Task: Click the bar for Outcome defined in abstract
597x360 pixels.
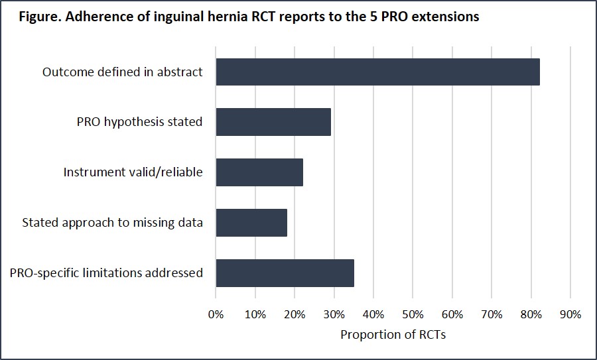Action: click(377, 72)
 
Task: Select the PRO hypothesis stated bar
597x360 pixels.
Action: click(273, 122)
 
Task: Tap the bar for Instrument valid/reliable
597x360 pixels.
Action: click(259, 172)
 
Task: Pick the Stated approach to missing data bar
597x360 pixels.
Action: click(251, 223)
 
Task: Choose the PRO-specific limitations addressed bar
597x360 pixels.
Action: click(285, 273)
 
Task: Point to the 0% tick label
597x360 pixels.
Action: click(216, 315)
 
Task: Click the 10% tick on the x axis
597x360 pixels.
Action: click(255, 315)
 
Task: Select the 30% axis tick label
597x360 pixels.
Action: click(334, 315)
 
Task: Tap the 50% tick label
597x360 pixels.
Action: click(413, 315)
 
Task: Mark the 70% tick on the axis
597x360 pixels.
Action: click(492, 315)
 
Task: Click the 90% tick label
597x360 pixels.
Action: click(570, 315)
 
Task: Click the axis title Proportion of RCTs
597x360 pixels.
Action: click(393, 335)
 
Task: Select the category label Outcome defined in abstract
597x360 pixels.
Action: click(123, 72)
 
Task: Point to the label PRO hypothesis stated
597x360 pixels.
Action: click(140, 122)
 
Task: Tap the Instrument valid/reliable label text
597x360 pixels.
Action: click(133, 172)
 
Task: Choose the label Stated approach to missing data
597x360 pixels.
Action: click(112, 223)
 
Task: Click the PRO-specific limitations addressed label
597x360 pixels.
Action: click(106, 273)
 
